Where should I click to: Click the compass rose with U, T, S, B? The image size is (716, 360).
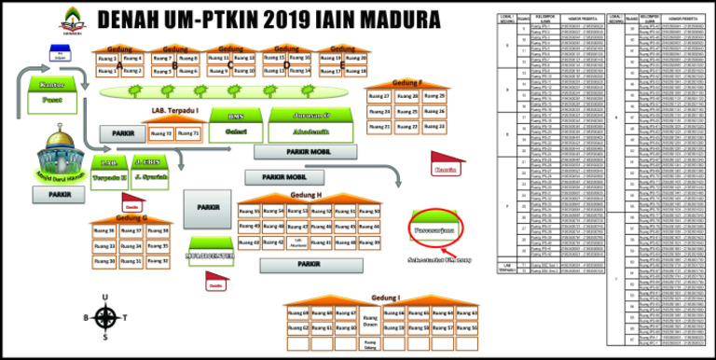tap(105, 316)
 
